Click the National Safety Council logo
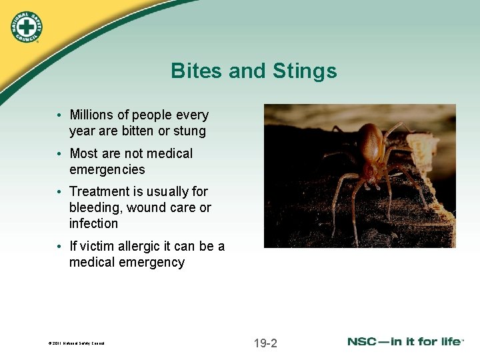[26, 26]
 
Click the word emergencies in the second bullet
[107, 169]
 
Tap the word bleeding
[96, 207]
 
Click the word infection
[93, 223]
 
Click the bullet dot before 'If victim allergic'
[60, 247]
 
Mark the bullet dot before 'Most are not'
[60, 154]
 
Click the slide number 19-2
[265, 343]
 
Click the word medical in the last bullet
[93, 262]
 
